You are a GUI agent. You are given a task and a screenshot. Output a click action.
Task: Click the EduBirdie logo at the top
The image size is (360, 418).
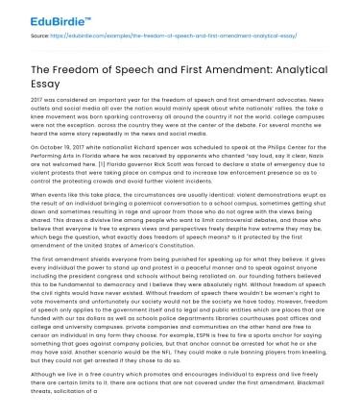pos(47,17)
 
